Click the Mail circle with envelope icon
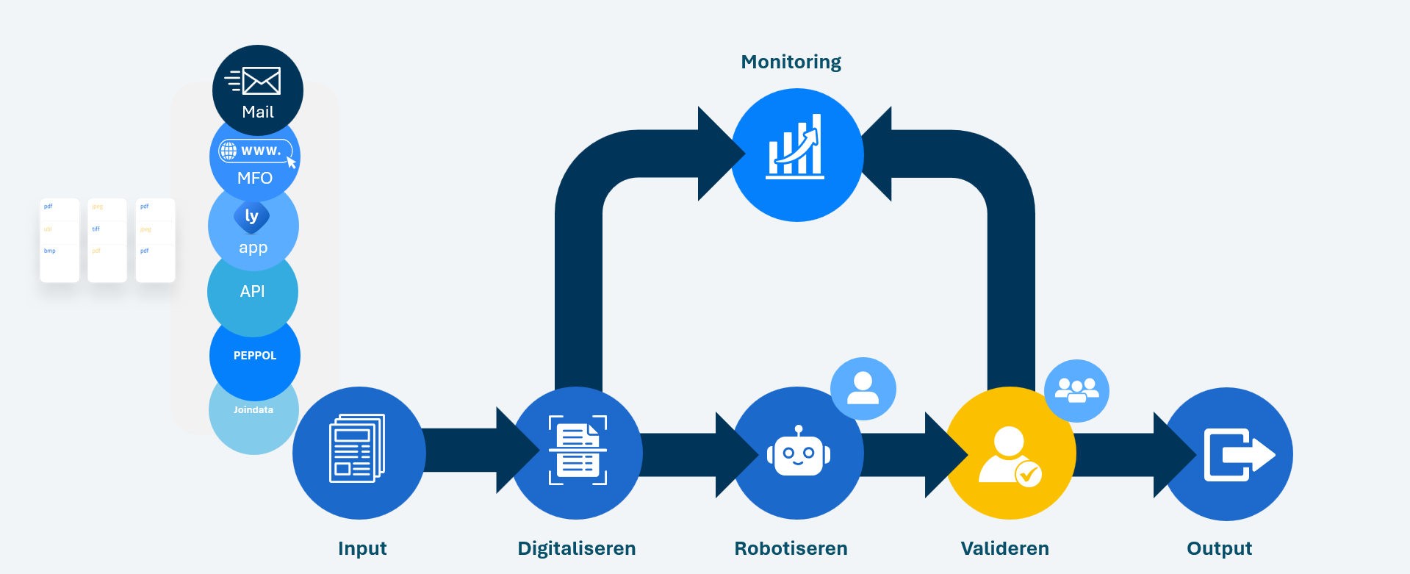pyautogui.click(x=257, y=90)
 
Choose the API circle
pyautogui.click(x=253, y=292)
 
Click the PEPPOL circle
pyautogui.click(x=255, y=356)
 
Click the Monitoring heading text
pyautogui.click(x=791, y=62)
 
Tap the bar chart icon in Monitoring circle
pyautogui.click(x=796, y=148)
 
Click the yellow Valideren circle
pyautogui.click(x=1010, y=453)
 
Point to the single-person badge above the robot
pyautogui.click(x=863, y=388)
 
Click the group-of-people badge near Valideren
pyautogui.click(x=1076, y=390)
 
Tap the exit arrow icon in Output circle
pyautogui.click(x=1238, y=454)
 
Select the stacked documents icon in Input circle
pyautogui.click(x=357, y=448)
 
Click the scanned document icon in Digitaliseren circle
pyautogui.click(x=578, y=450)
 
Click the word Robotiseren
pyautogui.click(x=791, y=548)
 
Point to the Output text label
pyautogui.click(x=1219, y=548)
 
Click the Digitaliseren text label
pyautogui.click(x=576, y=548)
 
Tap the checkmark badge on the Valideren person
pyautogui.click(x=1028, y=474)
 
